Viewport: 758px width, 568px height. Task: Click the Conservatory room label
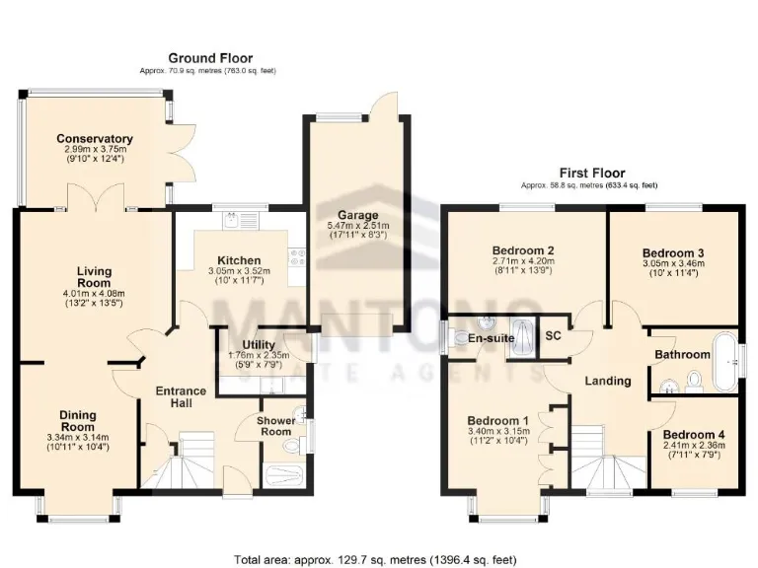click(x=95, y=139)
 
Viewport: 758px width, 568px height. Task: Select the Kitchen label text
click(x=239, y=260)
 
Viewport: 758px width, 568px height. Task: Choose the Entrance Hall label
click(x=182, y=397)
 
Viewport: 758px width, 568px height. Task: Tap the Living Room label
click(x=95, y=277)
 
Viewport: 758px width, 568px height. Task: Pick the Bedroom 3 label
click(x=672, y=252)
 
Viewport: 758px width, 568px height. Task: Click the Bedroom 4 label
click(x=693, y=435)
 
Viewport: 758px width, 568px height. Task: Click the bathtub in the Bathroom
click(x=726, y=357)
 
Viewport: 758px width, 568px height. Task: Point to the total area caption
click(x=375, y=559)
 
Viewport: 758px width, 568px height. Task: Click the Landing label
click(x=607, y=381)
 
